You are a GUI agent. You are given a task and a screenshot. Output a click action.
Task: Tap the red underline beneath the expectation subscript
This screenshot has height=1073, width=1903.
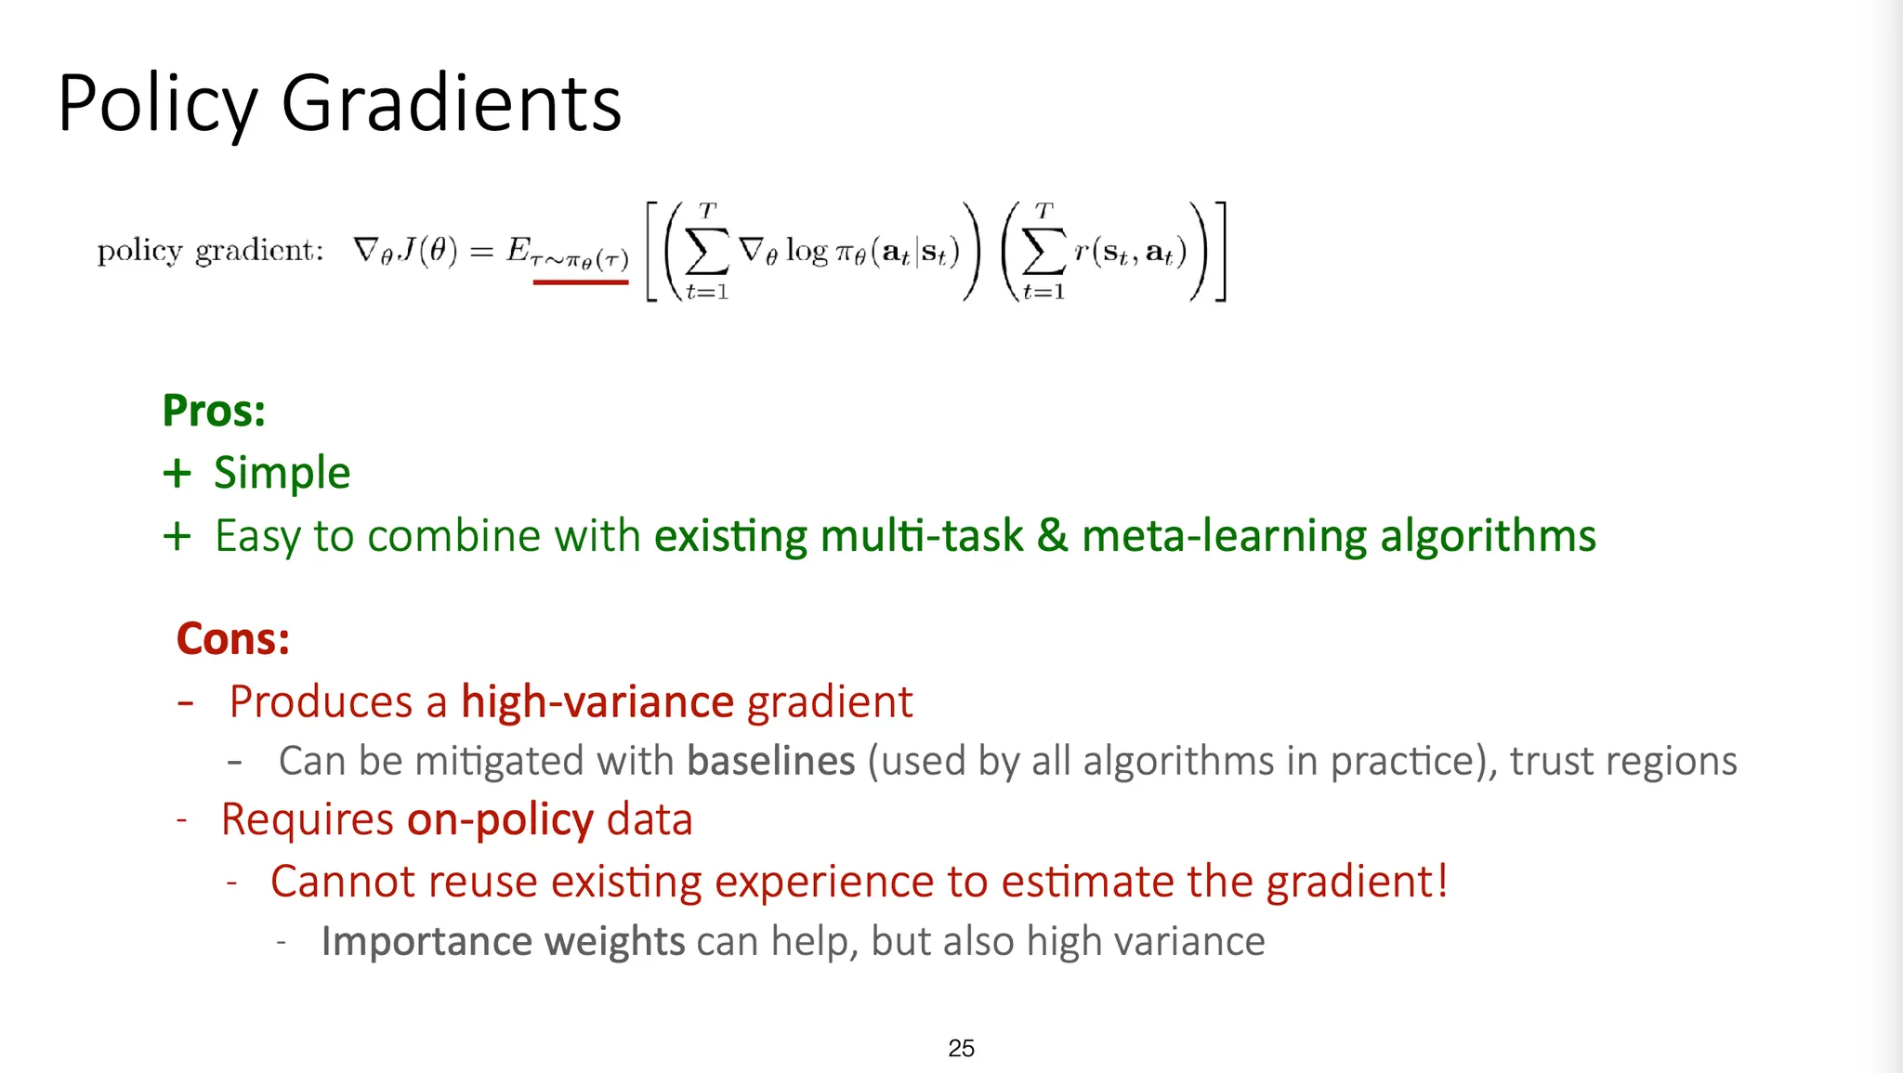point(581,281)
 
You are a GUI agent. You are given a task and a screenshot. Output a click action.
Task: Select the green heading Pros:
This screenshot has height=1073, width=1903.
point(214,411)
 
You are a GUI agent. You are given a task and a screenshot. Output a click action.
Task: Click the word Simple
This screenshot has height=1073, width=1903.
point(282,474)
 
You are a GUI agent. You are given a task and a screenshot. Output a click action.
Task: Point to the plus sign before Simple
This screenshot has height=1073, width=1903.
point(177,474)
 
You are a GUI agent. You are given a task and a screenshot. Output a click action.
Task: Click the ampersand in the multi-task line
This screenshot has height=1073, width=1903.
point(1052,536)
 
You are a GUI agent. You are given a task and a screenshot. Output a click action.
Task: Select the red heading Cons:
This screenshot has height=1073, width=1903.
point(233,639)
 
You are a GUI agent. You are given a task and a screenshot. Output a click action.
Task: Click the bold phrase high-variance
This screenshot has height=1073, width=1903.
point(598,701)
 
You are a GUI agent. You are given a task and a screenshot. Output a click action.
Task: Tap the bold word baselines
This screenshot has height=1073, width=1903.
point(771,761)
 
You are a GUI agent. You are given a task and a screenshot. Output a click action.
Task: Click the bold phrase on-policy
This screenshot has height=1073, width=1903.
point(500,820)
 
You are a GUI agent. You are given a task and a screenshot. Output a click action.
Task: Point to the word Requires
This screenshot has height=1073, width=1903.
point(308,820)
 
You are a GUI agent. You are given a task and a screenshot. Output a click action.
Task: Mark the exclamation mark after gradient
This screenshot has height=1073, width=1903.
point(1442,881)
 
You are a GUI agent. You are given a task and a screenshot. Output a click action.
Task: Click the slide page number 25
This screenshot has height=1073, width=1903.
point(962,1048)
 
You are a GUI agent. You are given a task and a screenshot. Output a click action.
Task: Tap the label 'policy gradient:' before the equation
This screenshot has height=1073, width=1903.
point(211,252)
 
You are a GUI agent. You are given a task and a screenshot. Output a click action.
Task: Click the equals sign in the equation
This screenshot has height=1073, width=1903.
point(481,251)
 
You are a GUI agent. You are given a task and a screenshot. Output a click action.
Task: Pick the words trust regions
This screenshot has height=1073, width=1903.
point(1623,762)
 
